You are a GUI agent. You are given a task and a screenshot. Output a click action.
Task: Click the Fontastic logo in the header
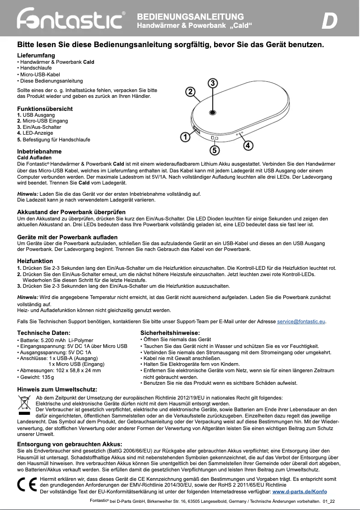click(71, 19)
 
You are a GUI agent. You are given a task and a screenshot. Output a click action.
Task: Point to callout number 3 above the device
click(213, 83)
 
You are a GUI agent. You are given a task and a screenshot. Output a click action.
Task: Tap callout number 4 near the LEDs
click(248, 145)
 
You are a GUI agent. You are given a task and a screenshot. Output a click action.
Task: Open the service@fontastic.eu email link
click(301, 321)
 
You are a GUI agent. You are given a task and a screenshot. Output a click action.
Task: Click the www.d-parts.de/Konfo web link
click(300, 492)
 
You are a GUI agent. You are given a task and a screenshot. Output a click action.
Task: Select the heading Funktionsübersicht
click(44, 109)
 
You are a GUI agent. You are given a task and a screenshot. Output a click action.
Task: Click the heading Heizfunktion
click(35, 261)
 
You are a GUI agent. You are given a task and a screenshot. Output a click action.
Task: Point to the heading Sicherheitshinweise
click(170, 333)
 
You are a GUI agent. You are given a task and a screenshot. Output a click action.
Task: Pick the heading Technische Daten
click(44, 333)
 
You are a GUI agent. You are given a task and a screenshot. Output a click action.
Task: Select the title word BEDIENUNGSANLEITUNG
click(190, 17)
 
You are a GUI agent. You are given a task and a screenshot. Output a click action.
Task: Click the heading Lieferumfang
click(36, 55)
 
